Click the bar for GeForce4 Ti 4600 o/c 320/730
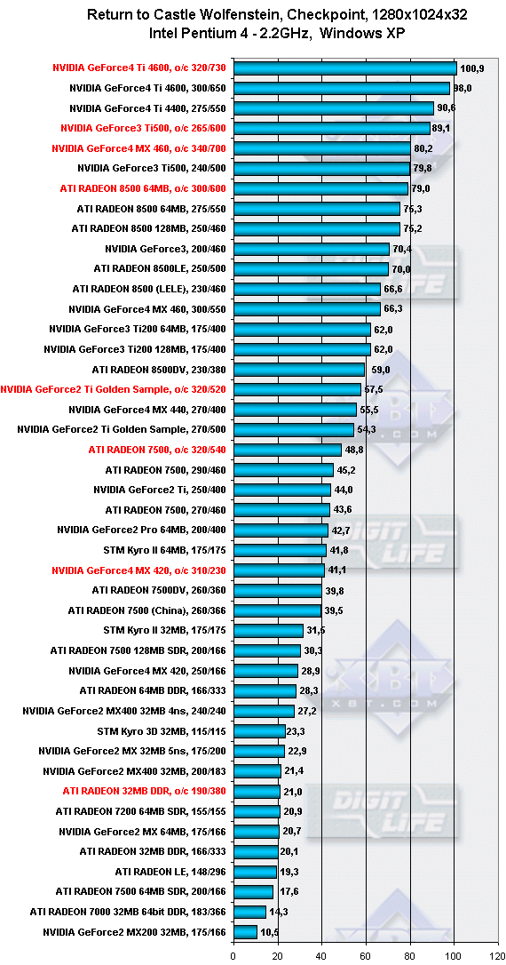(344, 68)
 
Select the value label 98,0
(461, 88)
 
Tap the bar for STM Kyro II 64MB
(279, 550)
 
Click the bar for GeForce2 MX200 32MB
(245, 932)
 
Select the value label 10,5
(269, 932)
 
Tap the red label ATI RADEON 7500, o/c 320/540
(157, 450)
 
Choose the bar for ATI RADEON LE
(255, 872)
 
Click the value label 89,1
(442, 128)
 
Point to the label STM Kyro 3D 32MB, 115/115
(162, 731)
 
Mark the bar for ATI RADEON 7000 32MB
(249, 912)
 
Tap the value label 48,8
(353, 450)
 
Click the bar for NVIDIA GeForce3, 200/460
(311, 249)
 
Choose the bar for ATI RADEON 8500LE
(311, 269)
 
